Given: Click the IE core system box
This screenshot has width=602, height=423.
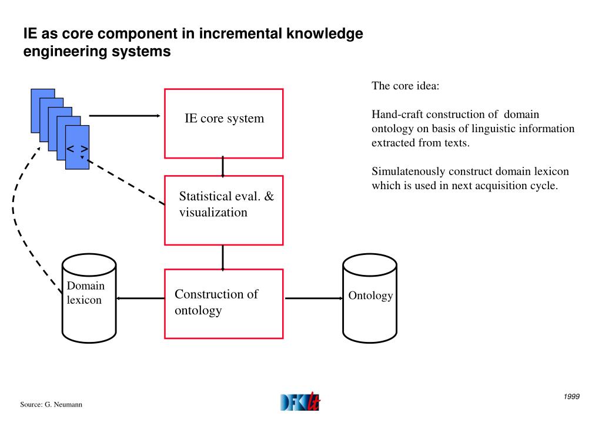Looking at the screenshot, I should click(x=223, y=123).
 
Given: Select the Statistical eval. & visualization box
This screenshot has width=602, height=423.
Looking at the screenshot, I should click(x=223, y=210).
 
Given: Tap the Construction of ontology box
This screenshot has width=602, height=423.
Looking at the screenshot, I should click(x=223, y=303).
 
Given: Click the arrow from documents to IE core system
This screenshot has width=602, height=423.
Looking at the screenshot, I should click(x=125, y=116).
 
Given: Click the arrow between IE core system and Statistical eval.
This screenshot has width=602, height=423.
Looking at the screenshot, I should click(x=223, y=167).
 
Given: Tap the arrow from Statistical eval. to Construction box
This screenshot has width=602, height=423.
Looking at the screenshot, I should click(x=223, y=257).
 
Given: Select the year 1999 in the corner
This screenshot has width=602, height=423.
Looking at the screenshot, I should click(x=571, y=397).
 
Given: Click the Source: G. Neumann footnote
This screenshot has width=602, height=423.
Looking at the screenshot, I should click(x=51, y=405).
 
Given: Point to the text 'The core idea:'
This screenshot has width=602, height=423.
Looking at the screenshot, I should click(x=405, y=86).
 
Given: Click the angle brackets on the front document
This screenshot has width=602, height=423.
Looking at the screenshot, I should click(x=77, y=149).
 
